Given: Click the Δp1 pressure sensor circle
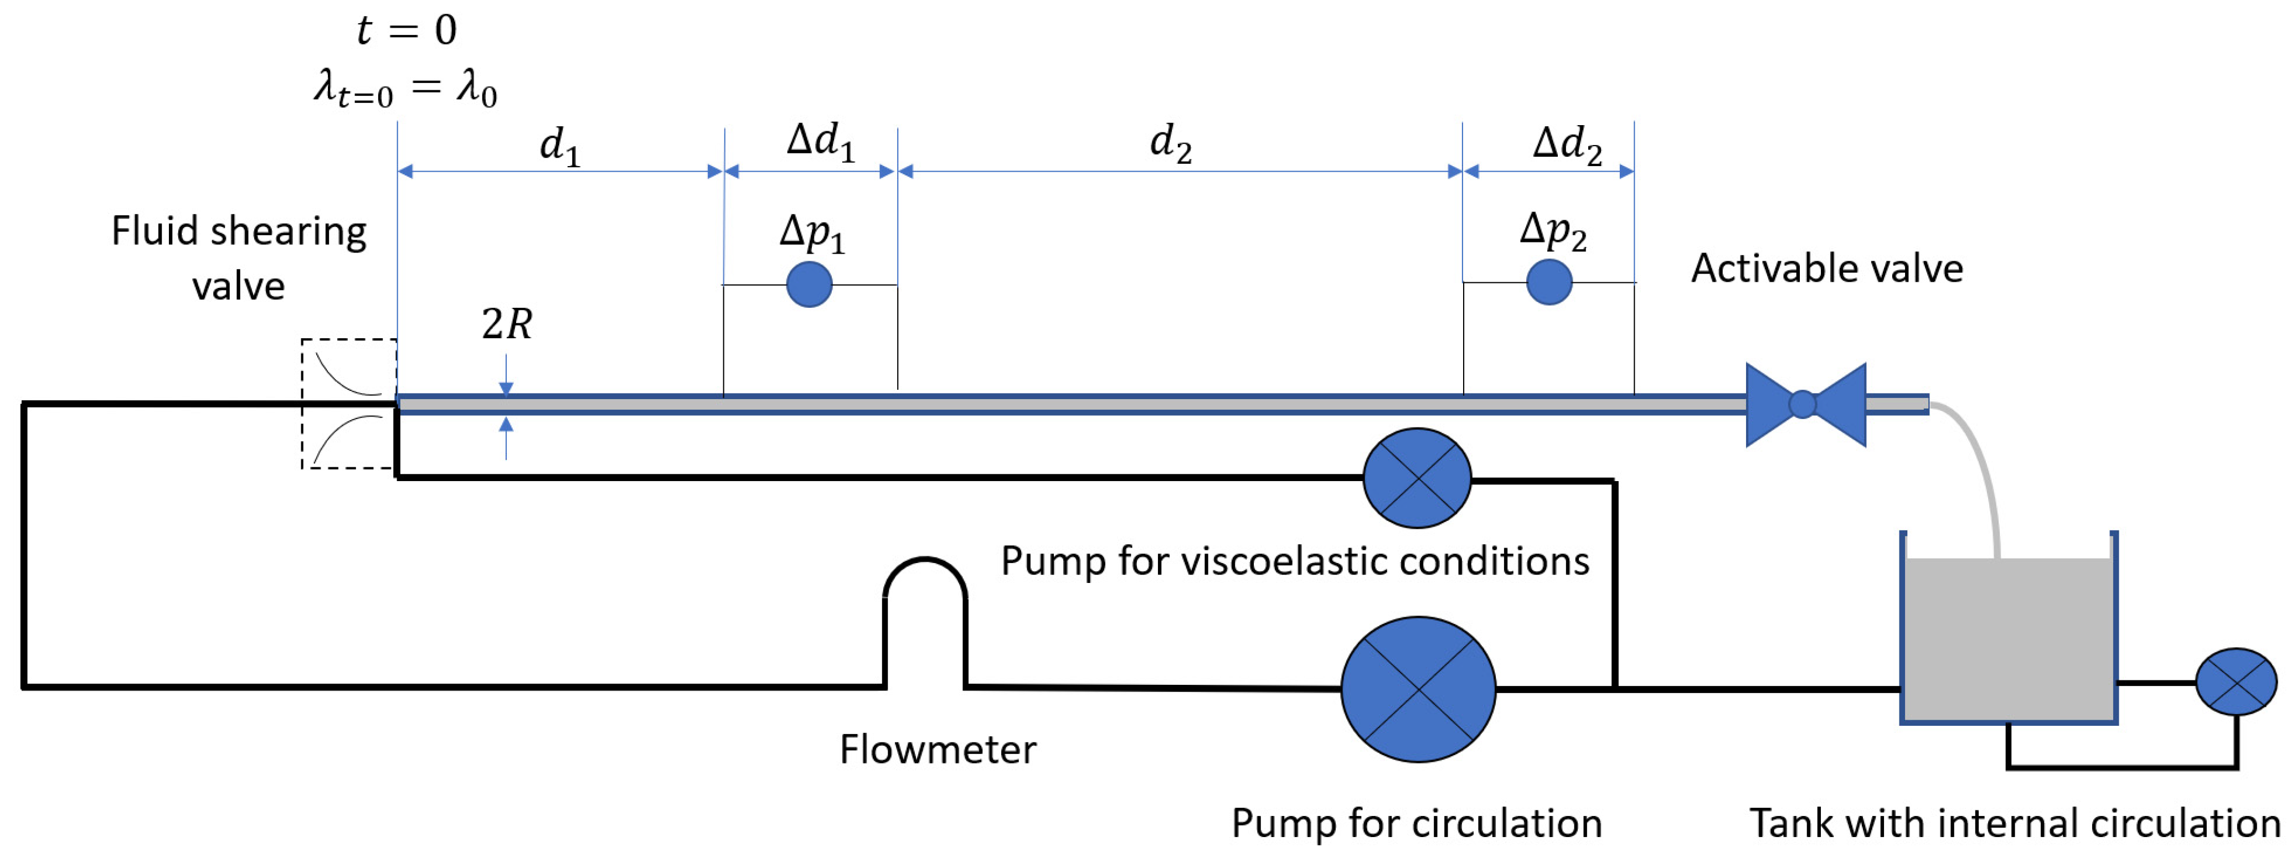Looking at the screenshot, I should (809, 285).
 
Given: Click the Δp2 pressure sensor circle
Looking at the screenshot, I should (1549, 282).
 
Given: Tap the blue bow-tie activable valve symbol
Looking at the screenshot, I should (1805, 405).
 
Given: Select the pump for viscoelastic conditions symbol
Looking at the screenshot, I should (1417, 478).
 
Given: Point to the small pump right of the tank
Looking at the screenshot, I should (2236, 682).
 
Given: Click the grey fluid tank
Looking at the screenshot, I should (2008, 637).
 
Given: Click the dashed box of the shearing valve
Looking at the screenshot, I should (348, 404).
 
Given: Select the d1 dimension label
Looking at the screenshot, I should (560, 145).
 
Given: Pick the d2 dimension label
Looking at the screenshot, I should (1170, 143).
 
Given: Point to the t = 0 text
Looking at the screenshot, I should (406, 30).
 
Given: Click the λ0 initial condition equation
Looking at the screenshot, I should (405, 89).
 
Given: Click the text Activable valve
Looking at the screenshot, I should (1827, 268).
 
